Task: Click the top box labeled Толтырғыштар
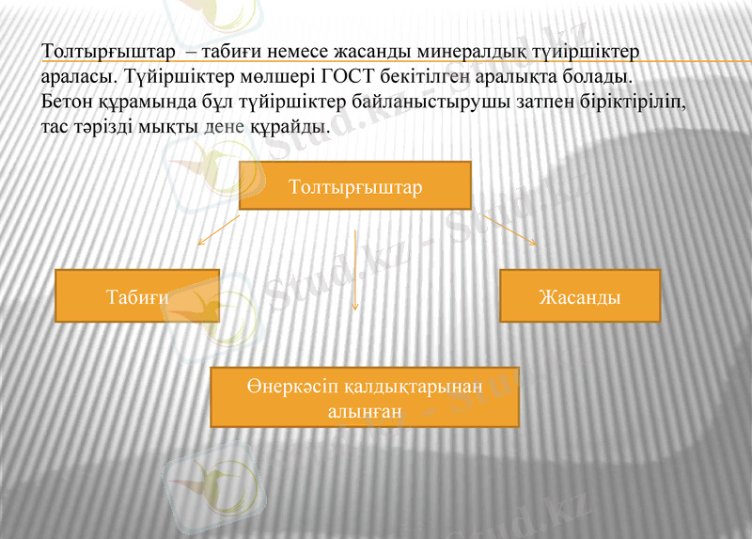coord(355,185)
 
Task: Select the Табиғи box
coord(137,296)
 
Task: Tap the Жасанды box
coord(579,296)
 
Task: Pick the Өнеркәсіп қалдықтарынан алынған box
coord(365,398)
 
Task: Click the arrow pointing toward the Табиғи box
coord(217,230)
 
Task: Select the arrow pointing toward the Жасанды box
coord(509,230)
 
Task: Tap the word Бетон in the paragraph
coord(67,99)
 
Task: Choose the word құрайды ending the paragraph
coord(289,124)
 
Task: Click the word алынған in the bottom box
coord(365,411)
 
